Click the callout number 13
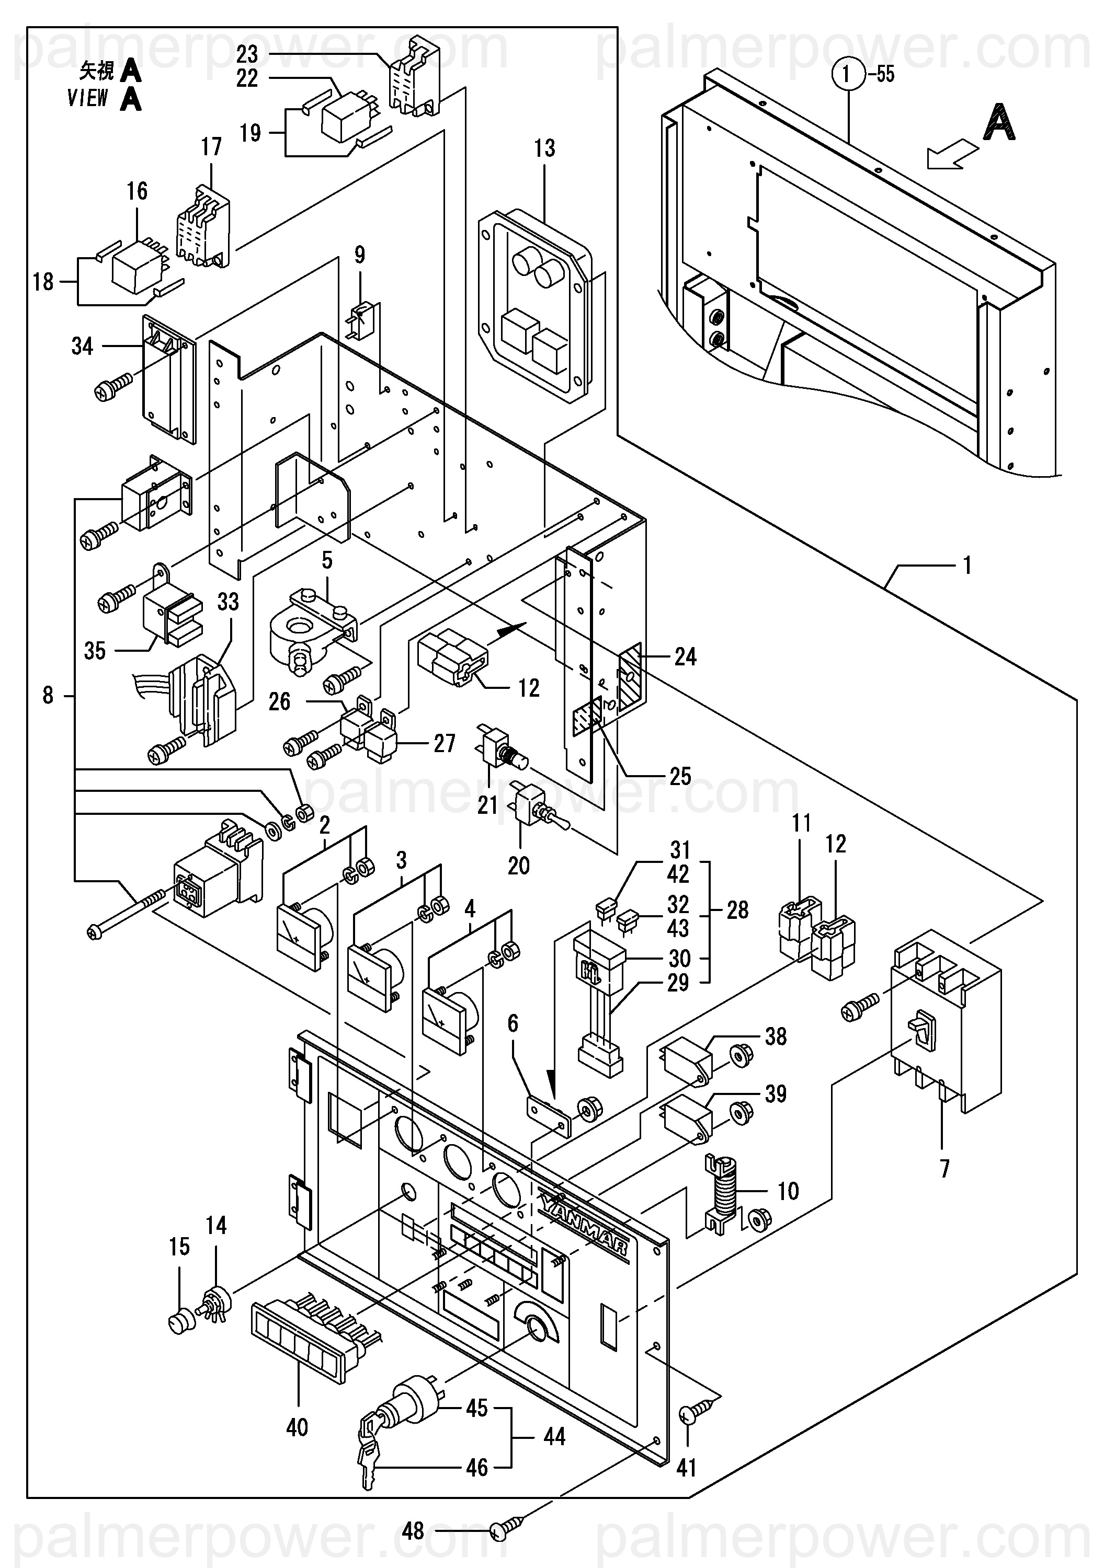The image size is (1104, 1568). click(544, 148)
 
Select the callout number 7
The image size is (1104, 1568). click(944, 1169)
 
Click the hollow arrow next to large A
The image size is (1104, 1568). click(950, 154)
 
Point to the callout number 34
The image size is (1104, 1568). click(82, 346)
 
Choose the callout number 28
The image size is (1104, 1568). click(737, 909)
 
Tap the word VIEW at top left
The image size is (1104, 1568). click(87, 98)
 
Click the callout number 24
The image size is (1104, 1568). click(685, 657)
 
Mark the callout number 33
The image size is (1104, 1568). click(228, 602)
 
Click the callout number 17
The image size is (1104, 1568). click(211, 147)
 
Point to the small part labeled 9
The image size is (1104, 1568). click(360, 318)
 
